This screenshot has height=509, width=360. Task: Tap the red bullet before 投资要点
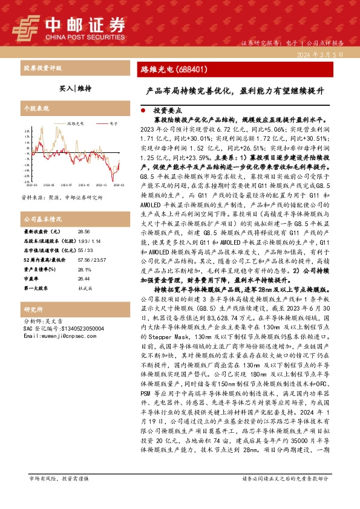(143, 111)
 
